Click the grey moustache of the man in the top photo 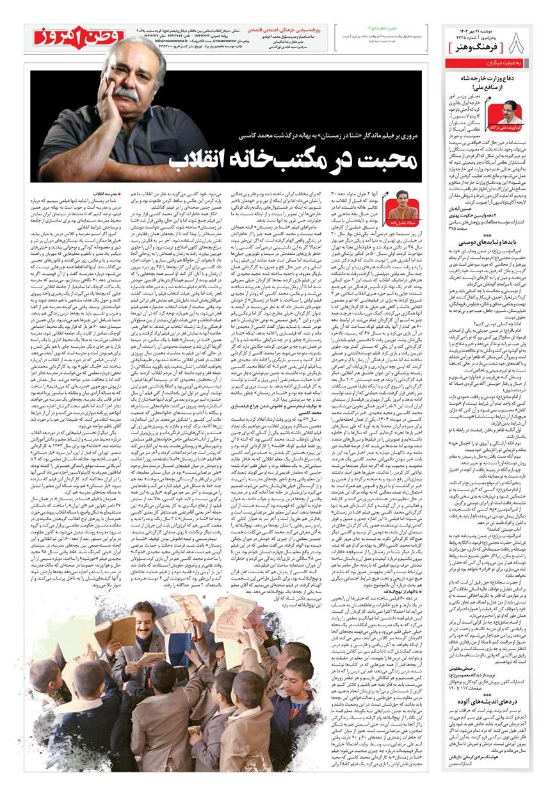click(x=125, y=93)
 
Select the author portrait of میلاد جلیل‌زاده click(x=401, y=203)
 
